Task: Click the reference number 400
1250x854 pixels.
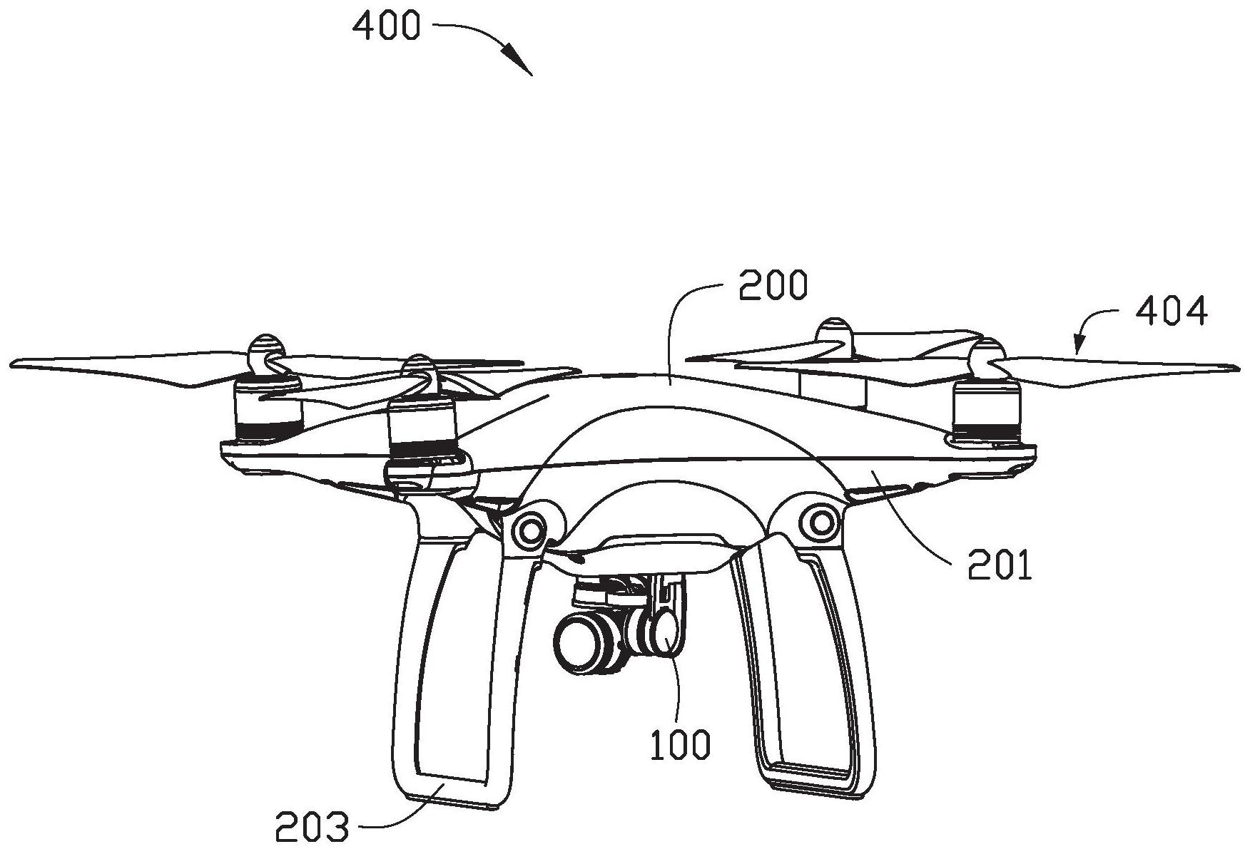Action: [x=386, y=27]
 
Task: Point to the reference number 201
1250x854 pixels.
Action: [x=1000, y=567]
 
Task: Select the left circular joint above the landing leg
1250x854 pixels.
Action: [x=530, y=528]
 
